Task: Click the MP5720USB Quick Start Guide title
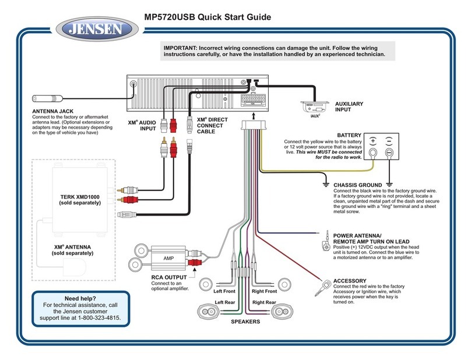[201, 17]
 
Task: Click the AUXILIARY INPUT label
[349, 107]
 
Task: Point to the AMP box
[168, 258]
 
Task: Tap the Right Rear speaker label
[264, 303]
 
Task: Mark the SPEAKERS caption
[245, 321]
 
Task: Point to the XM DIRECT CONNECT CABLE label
[212, 125]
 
